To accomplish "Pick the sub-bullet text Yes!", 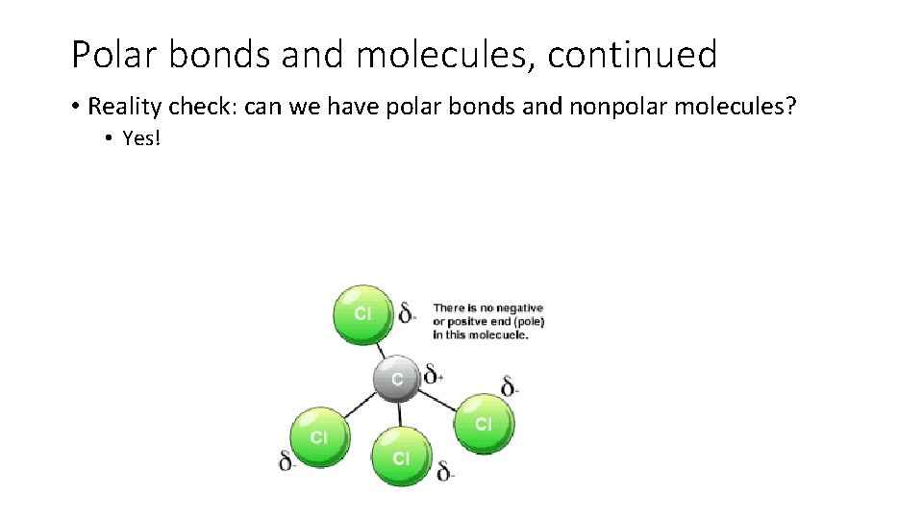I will click(142, 138).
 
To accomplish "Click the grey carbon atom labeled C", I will click(397, 379).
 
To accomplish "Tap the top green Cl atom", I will click(362, 313).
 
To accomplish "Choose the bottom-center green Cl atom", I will click(400, 457).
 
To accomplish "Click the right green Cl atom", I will click(484, 423).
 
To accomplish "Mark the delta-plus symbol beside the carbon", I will click(434, 373).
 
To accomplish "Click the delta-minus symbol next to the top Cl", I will click(408, 311).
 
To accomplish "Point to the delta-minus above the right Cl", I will click(511, 386).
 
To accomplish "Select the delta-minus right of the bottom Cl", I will click(445, 471).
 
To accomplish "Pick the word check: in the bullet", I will click(208, 106).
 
